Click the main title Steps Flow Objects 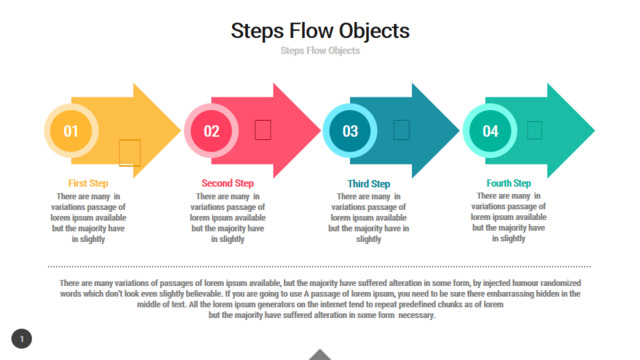click(x=320, y=31)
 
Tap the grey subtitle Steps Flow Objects click(x=320, y=51)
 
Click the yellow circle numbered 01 click(x=71, y=131)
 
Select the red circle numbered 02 click(x=211, y=131)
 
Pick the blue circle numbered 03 click(x=350, y=131)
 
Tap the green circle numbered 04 click(x=490, y=131)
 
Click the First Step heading click(x=88, y=183)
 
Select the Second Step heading click(x=228, y=183)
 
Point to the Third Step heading click(x=369, y=184)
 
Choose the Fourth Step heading click(x=509, y=183)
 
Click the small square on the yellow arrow click(x=130, y=153)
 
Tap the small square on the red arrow click(x=263, y=130)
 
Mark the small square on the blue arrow click(x=401, y=130)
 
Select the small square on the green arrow click(x=534, y=130)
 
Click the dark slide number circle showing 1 click(x=22, y=339)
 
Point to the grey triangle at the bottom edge click(x=320, y=355)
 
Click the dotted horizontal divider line click(x=319, y=267)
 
